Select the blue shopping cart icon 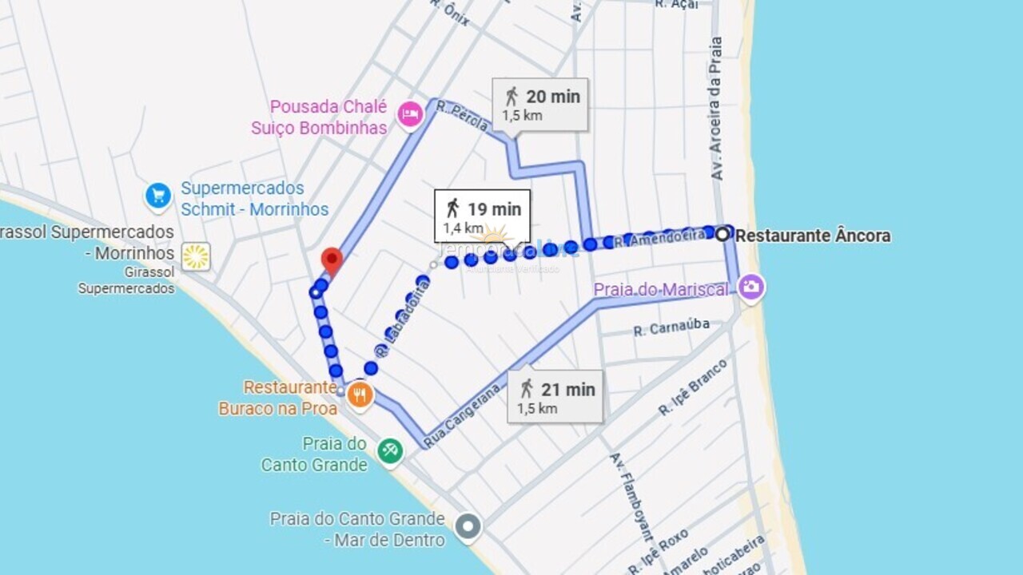coord(158,196)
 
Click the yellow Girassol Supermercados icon coord(196,256)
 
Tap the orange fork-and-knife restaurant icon coord(360,395)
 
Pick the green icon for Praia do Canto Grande coord(390,450)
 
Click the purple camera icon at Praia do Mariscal coord(750,287)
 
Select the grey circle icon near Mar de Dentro coord(468,527)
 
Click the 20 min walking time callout coord(540,104)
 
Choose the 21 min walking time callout coord(555,397)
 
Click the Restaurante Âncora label coord(813,236)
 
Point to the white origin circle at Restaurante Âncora coord(722,234)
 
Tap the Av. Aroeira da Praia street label coord(717,108)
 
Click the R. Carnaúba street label coord(671,328)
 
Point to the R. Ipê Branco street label coord(693,387)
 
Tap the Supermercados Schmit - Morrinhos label coord(253,199)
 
